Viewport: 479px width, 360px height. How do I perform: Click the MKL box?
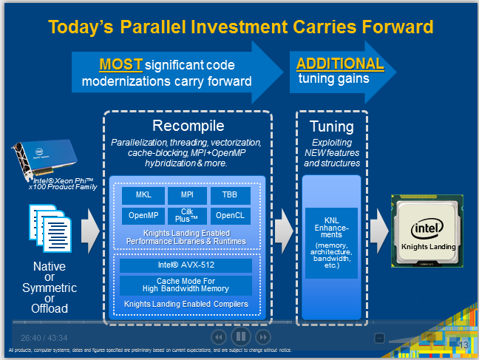143,196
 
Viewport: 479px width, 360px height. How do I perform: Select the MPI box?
187,196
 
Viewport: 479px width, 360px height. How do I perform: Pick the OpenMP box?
143,216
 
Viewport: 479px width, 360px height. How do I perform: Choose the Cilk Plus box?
187,216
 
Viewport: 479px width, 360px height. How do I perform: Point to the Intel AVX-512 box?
186,265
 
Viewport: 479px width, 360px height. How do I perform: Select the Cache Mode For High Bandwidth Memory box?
186,285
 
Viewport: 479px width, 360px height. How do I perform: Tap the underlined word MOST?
120,64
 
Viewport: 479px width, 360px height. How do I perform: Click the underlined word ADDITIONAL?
340,64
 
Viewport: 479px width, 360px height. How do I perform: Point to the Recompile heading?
188,126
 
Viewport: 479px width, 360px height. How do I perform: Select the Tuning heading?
331,126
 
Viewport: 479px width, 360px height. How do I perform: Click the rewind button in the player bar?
218,337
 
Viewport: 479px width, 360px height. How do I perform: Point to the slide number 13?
464,345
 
